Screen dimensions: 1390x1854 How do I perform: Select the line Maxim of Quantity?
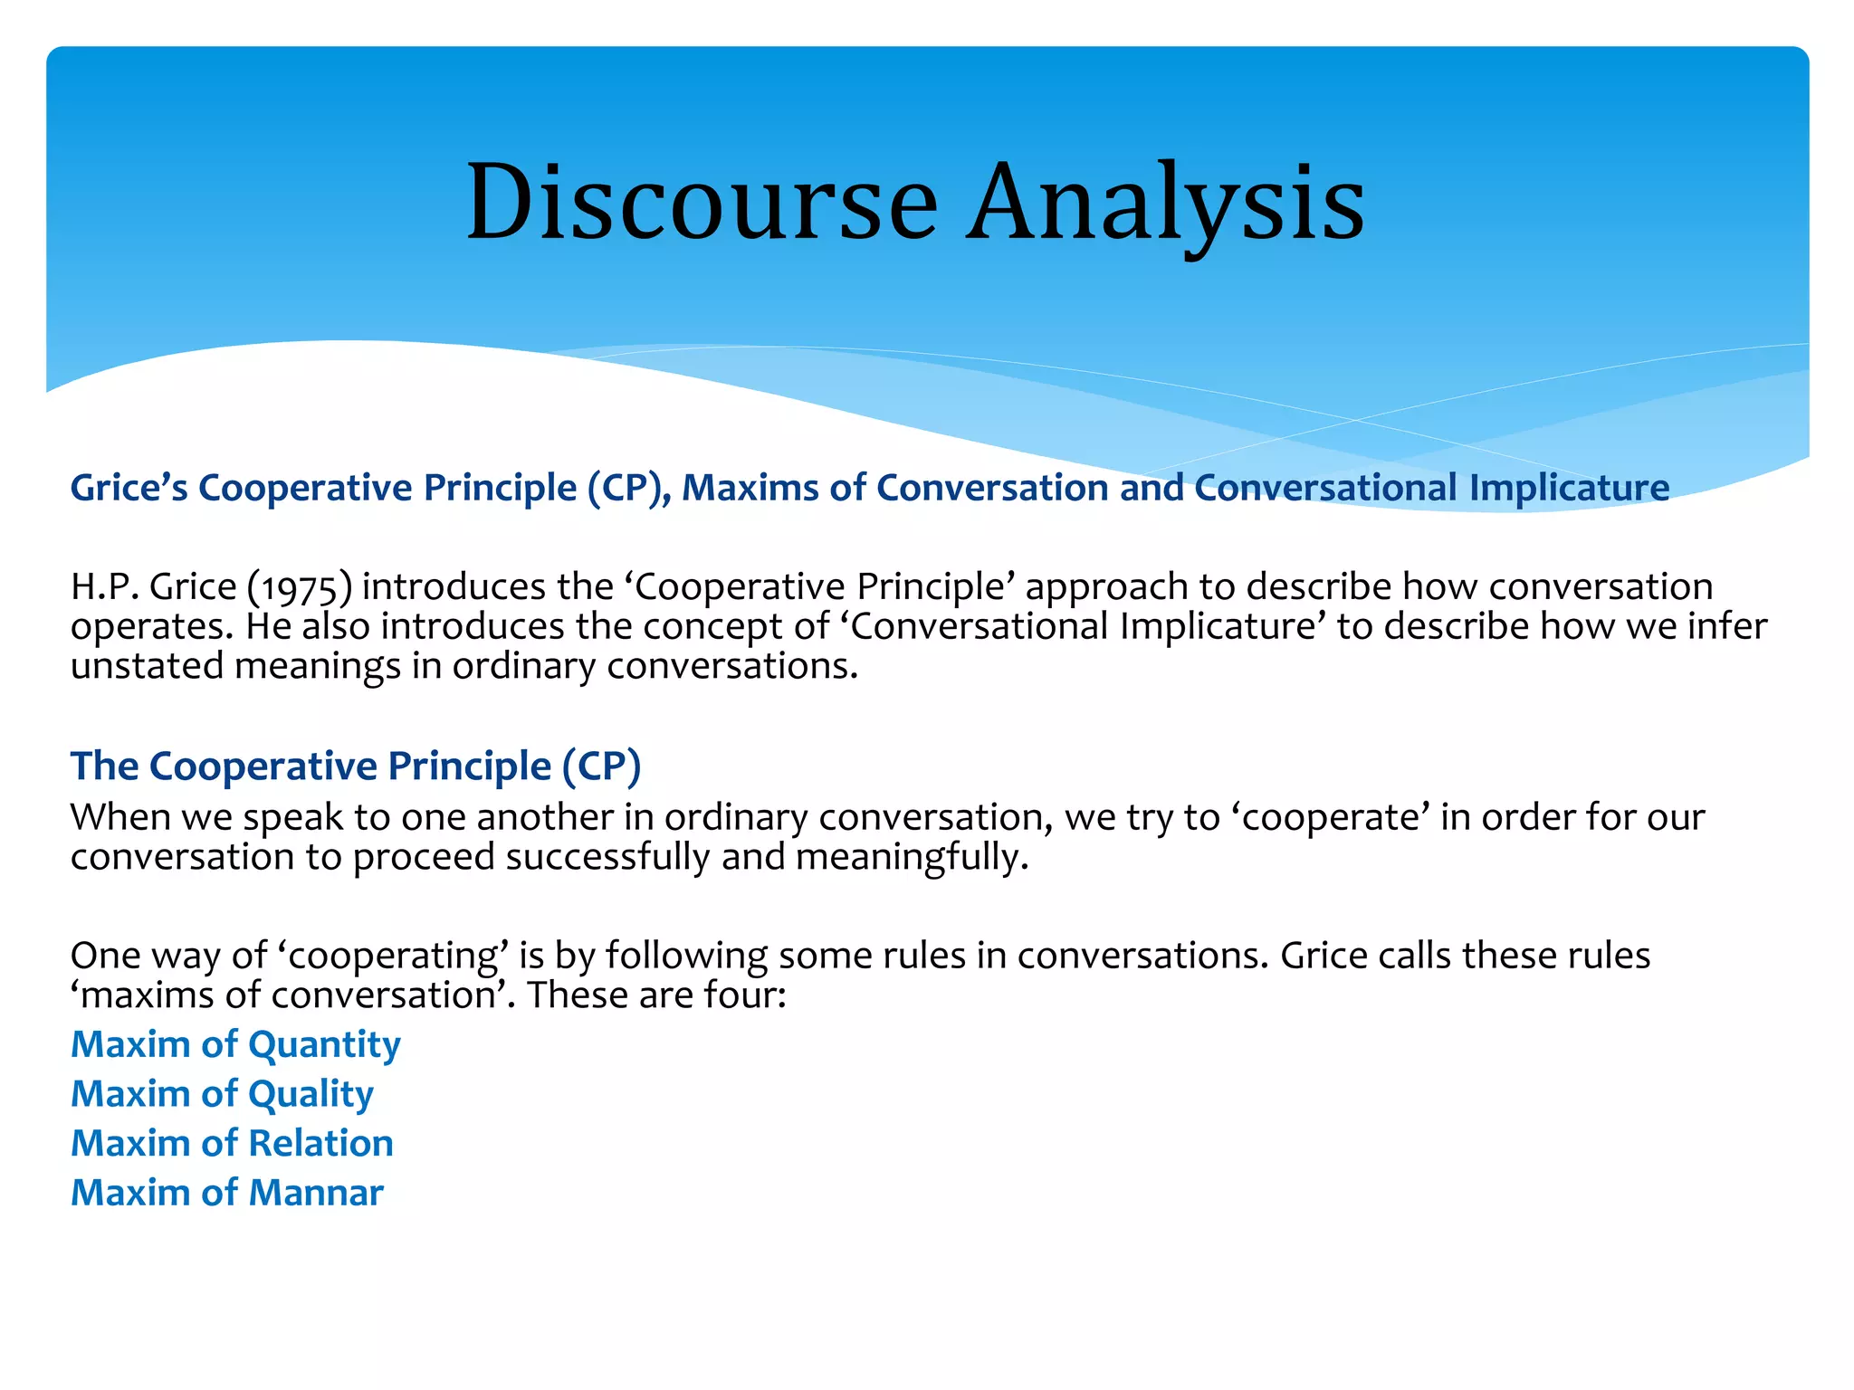click(x=235, y=1045)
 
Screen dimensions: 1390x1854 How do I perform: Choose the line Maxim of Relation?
click(x=232, y=1144)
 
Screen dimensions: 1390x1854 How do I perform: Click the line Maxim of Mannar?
click(x=226, y=1194)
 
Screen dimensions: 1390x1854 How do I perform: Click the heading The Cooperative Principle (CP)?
click(x=356, y=766)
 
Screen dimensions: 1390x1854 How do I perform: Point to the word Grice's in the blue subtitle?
click(x=129, y=488)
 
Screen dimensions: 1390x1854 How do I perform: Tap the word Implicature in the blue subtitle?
click(x=1569, y=488)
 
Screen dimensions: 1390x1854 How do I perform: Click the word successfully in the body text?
click(x=607, y=857)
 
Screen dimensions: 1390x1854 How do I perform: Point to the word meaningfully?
click(x=912, y=857)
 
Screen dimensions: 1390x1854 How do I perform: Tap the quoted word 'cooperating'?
click(x=393, y=957)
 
